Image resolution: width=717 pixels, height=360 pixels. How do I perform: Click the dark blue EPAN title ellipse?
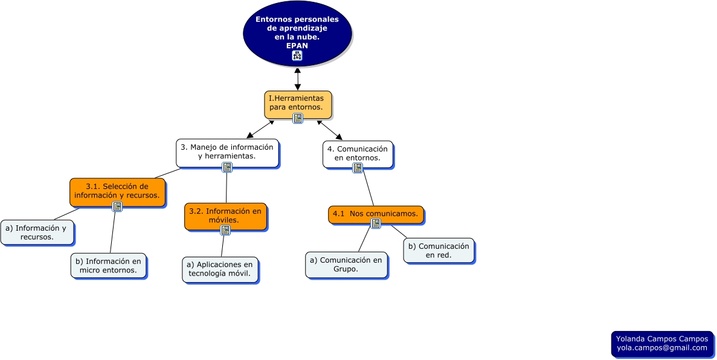[x=297, y=24]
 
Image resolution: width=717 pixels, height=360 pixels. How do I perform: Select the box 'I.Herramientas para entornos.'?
[x=298, y=103]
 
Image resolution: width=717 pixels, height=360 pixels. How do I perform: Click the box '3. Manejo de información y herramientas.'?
[x=227, y=152]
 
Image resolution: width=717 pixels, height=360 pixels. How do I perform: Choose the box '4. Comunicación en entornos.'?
[x=358, y=153]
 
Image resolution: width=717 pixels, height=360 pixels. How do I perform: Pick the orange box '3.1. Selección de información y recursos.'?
[x=117, y=190]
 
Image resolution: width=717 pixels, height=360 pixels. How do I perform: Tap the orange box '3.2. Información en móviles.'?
[x=225, y=215]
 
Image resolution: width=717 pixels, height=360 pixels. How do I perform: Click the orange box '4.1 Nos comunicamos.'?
[x=376, y=213]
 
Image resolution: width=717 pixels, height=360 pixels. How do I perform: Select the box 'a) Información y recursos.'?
[x=37, y=232]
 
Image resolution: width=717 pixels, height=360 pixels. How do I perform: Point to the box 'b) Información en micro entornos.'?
[x=108, y=265]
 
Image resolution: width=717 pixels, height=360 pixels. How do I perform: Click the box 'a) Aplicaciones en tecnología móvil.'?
[x=220, y=269]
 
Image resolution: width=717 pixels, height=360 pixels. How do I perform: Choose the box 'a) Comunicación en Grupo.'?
[x=346, y=265]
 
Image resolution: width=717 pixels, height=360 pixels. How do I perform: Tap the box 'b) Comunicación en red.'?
[x=439, y=250]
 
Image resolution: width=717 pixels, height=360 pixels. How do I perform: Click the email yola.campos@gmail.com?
[x=661, y=348]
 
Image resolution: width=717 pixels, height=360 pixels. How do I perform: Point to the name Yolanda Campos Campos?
[x=661, y=339]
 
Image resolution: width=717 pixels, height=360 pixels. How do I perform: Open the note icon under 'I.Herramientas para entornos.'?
[x=298, y=118]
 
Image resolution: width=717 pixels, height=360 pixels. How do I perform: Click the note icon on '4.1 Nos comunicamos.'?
[x=376, y=223]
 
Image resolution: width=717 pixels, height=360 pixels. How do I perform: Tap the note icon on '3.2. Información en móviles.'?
[x=225, y=230]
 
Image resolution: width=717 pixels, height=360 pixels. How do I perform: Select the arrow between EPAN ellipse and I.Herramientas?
[x=298, y=79]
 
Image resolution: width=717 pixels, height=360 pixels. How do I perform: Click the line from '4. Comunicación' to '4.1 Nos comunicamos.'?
[x=368, y=188]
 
